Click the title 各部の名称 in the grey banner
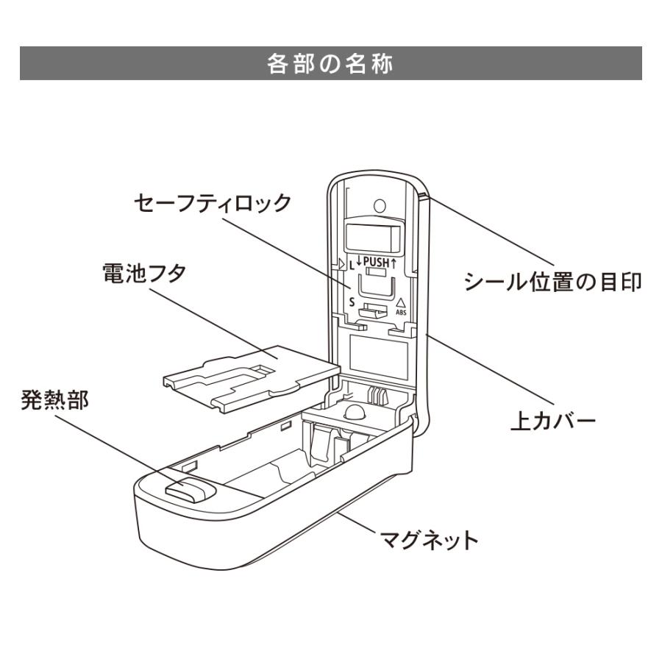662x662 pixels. [330, 64]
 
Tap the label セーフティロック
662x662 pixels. [213, 203]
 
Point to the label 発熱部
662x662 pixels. [54, 402]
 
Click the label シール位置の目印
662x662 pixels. [552, 282]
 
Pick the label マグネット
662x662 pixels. [429, 541]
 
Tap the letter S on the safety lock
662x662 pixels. [352, 302]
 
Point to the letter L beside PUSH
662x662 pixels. [351, 262]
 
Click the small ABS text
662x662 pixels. [400, 313]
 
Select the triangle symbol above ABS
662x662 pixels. [401, 302]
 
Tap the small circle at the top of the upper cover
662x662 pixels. [380, 205]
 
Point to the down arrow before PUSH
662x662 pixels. [360, 261]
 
